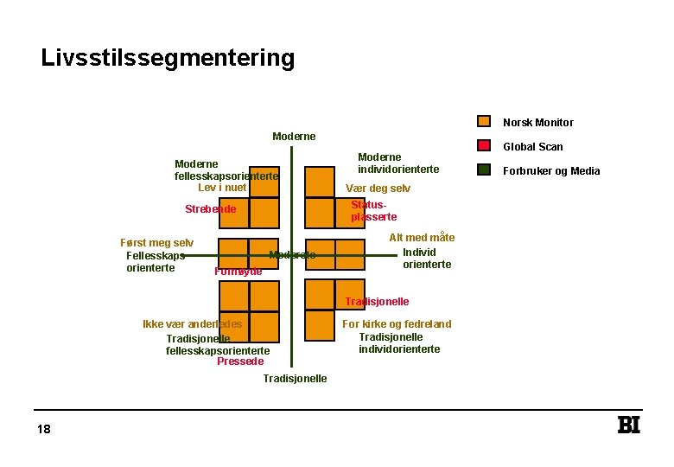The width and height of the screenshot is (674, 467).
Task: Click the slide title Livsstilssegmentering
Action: click(168, 59)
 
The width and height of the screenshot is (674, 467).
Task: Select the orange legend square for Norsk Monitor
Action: click(485, 122)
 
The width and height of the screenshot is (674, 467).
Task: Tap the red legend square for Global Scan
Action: click(485, 146)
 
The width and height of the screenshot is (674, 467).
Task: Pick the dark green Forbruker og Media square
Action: click(485, 170)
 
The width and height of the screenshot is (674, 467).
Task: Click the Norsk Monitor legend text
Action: click(537, 123)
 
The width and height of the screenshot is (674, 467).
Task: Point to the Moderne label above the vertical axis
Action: click(294, 137)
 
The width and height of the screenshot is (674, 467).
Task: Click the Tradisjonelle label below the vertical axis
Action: click(295, 379)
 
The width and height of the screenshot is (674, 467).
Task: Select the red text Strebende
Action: click(210, 209)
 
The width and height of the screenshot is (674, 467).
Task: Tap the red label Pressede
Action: click(240, 361)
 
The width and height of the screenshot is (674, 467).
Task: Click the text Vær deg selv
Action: click(378, 189)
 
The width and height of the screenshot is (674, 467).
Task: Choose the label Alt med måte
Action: click(422, 238)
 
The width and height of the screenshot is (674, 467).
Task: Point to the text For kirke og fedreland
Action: click(397, 324)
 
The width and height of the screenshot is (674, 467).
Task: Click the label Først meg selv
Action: click(156, 244)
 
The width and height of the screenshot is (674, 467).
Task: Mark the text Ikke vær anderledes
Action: click(192, 324)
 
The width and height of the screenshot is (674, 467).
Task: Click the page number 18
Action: click(44, 430)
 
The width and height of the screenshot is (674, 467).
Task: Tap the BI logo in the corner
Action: click(629, 425)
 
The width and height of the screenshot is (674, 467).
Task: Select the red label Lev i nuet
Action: click(222, 188)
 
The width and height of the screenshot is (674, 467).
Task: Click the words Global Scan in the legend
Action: click(532, 147)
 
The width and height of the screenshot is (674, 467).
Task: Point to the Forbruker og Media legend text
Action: click(551, 171)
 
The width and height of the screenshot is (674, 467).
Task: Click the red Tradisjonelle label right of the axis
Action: click(377, 302)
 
